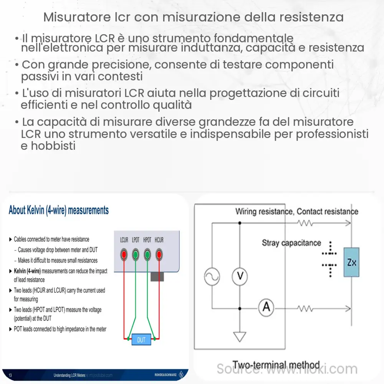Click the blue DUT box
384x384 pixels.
141,339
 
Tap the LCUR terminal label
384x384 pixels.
124,240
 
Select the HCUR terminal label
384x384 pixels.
159,240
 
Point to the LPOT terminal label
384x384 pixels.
136,240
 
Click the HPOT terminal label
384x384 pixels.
147,240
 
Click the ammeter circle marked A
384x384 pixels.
265,308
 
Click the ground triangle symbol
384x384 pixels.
240,337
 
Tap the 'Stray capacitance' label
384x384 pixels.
291,243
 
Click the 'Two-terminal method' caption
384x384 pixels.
276,365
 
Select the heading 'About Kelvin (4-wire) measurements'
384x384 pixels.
58,210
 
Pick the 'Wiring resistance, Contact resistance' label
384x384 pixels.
296,212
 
